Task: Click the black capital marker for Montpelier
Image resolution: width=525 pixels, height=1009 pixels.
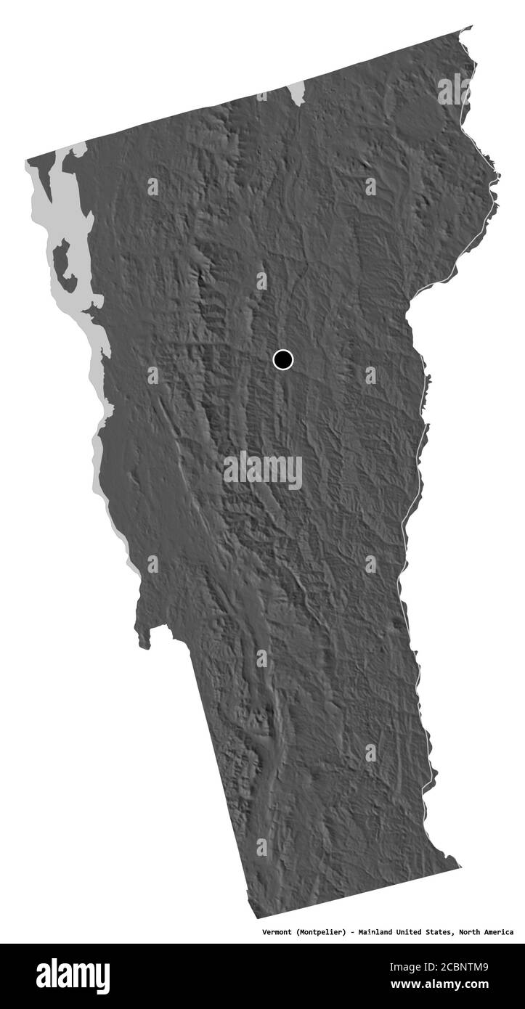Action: click(x=282, y=359)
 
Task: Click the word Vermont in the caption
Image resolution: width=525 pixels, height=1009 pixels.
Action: click(x=277, y=931)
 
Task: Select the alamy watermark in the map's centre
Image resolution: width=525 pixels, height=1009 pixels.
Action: click(x=262, y=470)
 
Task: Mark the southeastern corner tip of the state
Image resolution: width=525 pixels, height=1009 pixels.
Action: click(x=460, y=865)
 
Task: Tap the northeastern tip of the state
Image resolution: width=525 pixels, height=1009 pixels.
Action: click(x=470, y=29)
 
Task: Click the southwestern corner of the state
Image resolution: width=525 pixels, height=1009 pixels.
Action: click(x=248, y=917)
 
